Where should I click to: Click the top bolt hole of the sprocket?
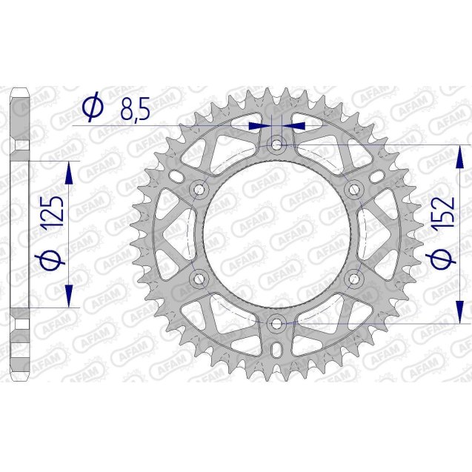[276, 144]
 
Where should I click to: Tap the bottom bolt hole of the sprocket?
[276, 322]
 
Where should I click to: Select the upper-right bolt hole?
[354, 188]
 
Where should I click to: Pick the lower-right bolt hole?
[354, 278]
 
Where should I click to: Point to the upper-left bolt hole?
[199, 188]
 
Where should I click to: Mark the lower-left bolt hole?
[199, 278]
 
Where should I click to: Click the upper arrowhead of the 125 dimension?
[69, 175]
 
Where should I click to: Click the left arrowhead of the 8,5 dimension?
[259, 127]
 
